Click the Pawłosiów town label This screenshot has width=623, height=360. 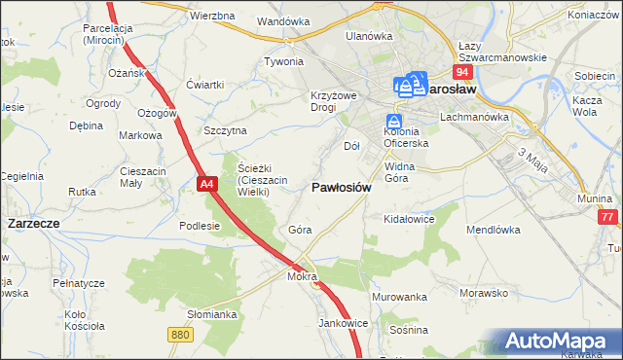[x=341, y=188]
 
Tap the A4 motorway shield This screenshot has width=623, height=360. [x=205, y=183]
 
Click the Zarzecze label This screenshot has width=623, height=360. [x=33, y=223]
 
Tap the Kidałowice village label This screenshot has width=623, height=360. [x=408, y=220]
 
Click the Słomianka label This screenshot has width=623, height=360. [x=213, y=314]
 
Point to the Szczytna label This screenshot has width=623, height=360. [x=226, y=130]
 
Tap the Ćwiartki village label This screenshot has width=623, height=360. [x=205, y=84]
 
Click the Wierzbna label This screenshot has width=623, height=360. [x=212, y=17]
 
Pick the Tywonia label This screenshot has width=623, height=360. [x=284, y=60]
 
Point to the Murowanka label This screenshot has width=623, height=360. [x=400, y=296]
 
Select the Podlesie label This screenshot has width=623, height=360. [x=201, y=225]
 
